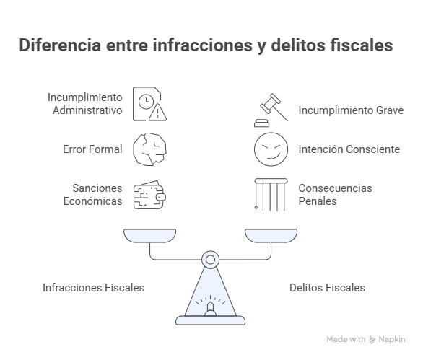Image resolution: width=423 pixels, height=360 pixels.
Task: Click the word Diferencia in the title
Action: (60, 45)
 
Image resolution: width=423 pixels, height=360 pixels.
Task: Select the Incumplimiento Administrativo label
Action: (84, 104)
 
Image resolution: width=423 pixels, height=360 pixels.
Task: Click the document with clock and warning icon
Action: (149, 104)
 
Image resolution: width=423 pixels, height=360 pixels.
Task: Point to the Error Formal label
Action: (92, 149)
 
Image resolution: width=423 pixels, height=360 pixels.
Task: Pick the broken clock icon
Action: (149, 149)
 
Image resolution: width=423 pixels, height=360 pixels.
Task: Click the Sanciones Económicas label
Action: (92, 195)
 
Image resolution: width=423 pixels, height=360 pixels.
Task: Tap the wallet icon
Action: (149, 195)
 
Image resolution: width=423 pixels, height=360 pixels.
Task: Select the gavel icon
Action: (271, 110)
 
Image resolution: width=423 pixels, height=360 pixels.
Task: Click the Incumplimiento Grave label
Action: (351, 110)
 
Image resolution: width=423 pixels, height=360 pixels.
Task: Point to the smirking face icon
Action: (271, 149)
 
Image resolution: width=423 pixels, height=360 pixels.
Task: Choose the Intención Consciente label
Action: (349, 149)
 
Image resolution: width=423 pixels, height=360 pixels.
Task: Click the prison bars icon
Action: (271, 195)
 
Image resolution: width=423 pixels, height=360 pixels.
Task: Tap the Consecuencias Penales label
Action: (335, 195)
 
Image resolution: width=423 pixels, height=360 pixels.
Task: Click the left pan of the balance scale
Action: (149, 236)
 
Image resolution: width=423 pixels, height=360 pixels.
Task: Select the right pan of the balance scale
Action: (271, 236)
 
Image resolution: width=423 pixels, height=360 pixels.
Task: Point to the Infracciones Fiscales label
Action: (93, 288)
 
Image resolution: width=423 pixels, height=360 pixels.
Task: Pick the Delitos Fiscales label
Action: (327, 288)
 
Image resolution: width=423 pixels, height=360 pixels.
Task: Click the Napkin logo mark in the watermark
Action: (372, 340)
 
